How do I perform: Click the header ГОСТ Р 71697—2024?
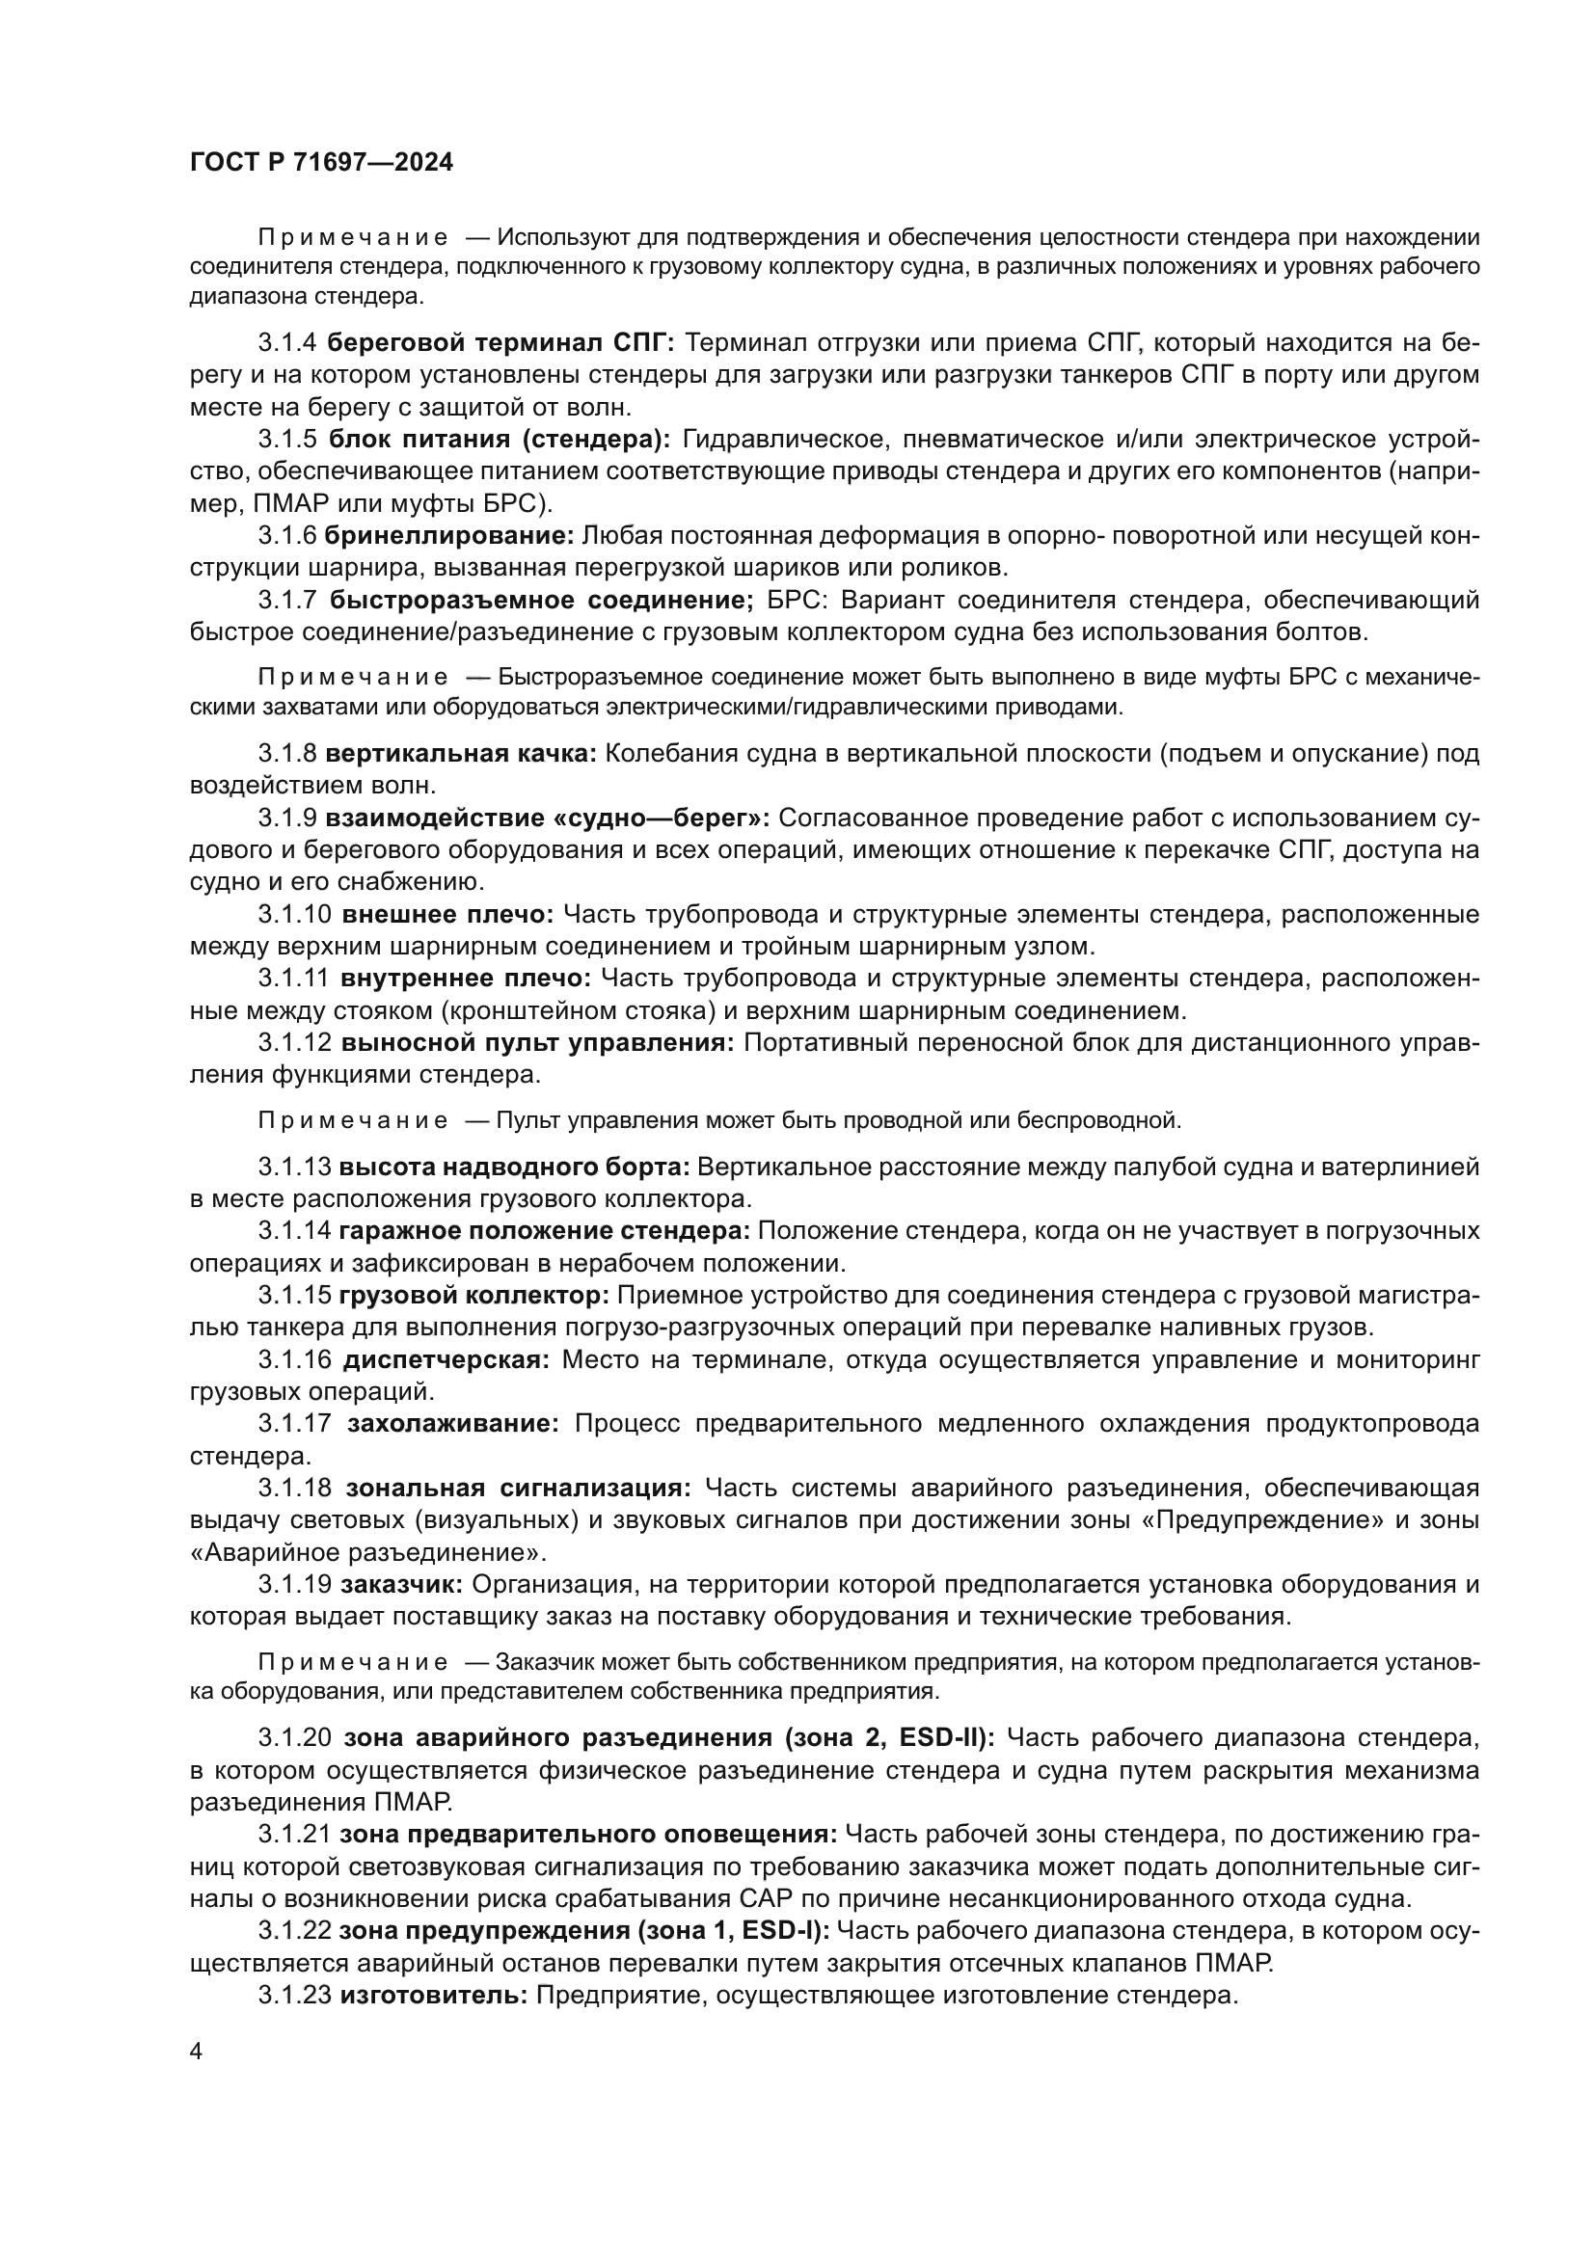[x=321, y=163]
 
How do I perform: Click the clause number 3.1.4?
[x=287, y=343]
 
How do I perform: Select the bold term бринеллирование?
[x=448, y=535]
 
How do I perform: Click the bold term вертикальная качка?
[x=461, y=753]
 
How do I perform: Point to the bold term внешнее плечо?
[x=447, y=914]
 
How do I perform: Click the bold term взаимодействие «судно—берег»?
[x=547, y=819]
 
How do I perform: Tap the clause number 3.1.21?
[x=295, y=1834]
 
